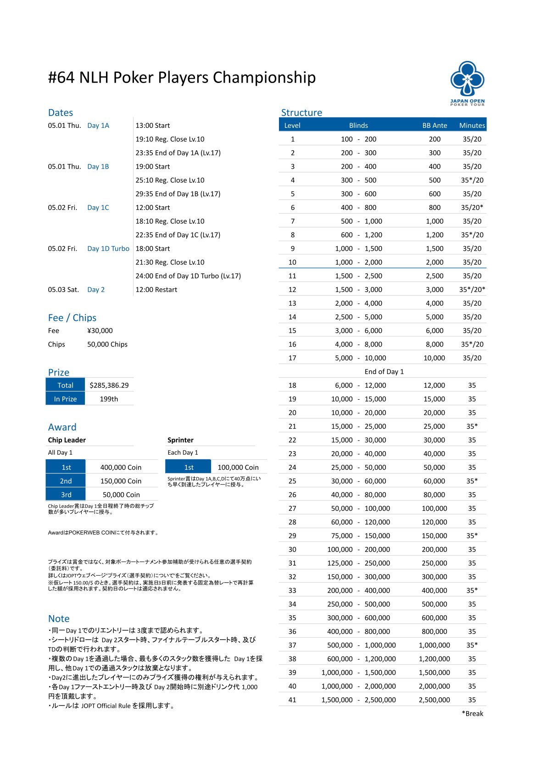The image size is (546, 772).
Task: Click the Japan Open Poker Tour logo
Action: [467, 83]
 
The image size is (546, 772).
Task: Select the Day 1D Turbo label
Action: [108, 248]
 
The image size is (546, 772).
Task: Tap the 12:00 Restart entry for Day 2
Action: [156, 290]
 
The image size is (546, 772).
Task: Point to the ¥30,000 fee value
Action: [100, 331]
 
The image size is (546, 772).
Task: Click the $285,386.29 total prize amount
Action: [109, 385]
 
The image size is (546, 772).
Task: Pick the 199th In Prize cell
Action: [109, 399]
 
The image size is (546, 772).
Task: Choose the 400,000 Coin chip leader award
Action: [121, 467]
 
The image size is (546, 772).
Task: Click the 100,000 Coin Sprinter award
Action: [238, 467]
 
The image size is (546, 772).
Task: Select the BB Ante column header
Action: [435, 125]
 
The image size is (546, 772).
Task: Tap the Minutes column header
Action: [472, 125]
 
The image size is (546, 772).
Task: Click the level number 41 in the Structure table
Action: [292, 700]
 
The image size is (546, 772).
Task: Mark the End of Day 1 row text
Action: [384, 371]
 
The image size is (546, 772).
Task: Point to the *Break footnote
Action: [473, 713]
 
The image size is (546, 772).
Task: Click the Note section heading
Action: [59, 618]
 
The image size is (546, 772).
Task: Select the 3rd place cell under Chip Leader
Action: [66, 495]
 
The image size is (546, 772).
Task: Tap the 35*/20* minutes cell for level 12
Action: [472, 290]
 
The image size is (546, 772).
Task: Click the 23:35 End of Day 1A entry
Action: [178, 153]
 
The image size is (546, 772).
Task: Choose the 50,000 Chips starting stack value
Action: [107, 344]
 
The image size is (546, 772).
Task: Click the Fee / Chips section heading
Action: [72, 318]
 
